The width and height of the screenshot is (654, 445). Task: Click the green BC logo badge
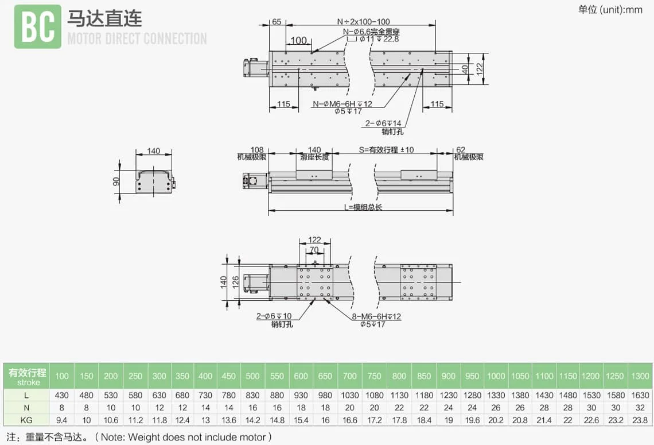[38, 27]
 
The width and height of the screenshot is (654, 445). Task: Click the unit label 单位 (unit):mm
[610, 10]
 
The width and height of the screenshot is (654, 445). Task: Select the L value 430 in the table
[61, 395]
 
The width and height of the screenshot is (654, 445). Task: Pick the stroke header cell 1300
[640, 376]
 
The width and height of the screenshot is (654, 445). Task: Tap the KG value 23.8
[640, 420]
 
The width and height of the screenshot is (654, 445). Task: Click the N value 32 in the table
[640, 408]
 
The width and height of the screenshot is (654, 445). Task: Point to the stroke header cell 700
[349, 376]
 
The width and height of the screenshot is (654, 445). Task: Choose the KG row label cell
[27, 420]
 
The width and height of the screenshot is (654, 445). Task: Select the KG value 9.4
[61, 420]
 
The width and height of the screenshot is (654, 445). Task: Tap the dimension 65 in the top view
[277, 22]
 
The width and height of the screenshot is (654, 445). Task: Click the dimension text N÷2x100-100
[364, 22]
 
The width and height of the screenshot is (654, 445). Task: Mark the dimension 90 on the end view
[116, 181]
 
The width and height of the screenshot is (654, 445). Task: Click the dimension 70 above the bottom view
[314, 250]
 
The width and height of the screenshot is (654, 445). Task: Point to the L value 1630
[640, 395]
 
